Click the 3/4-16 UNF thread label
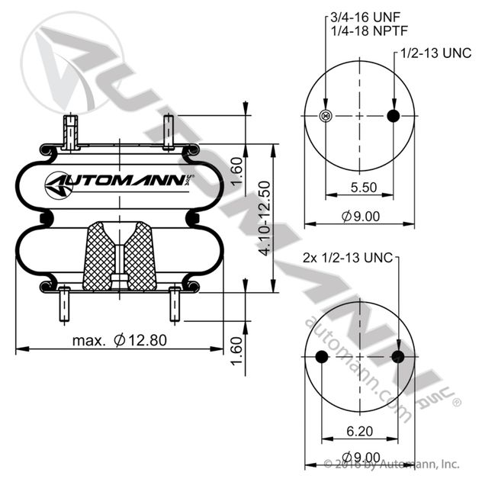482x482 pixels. pyautogui.click(x=365, y=15)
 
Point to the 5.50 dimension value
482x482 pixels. pyautogui.click(x=359, y=187)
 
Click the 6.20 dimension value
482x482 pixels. pyautogui.click(x=359, y=432)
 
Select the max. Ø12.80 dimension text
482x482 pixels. pyautogui.click(x=119, y=341)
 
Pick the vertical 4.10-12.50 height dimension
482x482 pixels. pyautogui.click(x=264, y=218)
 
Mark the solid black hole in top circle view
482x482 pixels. pyautogui.click(x=394, y=116)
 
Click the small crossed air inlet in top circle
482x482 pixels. pyautogui.click(x=326, y=116)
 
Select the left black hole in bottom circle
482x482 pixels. pyautogui.click(x=321, y=358)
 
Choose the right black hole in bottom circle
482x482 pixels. pyautogui.click(x=397, y=358)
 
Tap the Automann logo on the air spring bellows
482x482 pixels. pyautogui.click(x=119, y=182)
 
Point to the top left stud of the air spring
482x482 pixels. pyautogui.click(x=70, y=131)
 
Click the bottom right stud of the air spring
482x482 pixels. pyautogui.click(x=175, y=304)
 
